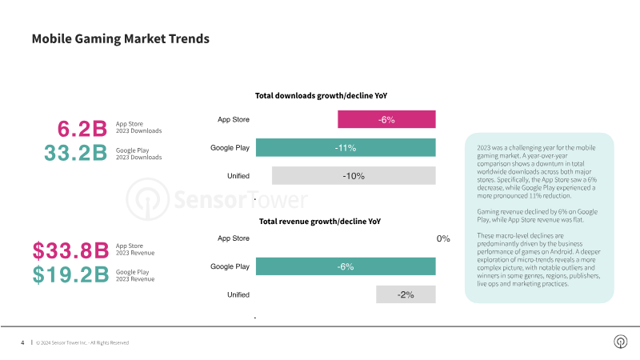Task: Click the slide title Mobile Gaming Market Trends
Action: click(x=120, y=38)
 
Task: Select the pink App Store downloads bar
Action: click(x=386, y=119)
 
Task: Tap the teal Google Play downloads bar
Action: click(x=346, y=148)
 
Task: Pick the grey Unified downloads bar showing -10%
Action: click(x=354, y=176)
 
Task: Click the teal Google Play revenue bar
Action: click(x=346, y=266)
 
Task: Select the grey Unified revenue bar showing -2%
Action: click(x=406, y=294)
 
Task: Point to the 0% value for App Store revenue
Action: click(x=442, y=238)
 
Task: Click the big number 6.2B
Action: click(x=82, y=128)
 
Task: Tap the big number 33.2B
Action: click(x=75, y=154)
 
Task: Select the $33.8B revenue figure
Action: click(x=70, y=250)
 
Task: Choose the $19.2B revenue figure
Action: click(x=70, y=275)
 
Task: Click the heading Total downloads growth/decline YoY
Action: click(x=321, y=96)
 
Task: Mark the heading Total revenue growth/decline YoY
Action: click(x=320, y=221)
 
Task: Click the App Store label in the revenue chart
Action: click(x=234, y=238)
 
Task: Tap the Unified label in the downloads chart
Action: click(x=238, y=176)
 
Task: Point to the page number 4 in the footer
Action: click(x=22, y=342)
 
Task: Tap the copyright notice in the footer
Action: click(x=82, y=342)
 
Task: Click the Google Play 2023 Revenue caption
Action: click(x=135, y=276)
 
